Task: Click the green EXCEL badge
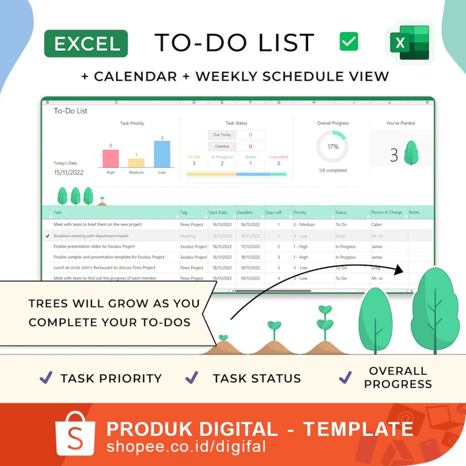[x=86, y=44]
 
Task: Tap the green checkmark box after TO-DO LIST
[x=349, y=42]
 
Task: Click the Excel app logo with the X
[x=409, y=43]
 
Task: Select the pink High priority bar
[x=111, y=158]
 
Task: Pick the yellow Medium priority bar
[x=137, y=163]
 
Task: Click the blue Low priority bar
[x=162, y=154]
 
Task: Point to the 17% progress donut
[x=333, y=147]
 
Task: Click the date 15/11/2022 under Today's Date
[x=69, y=173]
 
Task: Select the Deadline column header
[x=245, y=213]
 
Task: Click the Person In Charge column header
[x=387, y=213]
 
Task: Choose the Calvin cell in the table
[x=377, y=224]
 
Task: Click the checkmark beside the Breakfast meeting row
[x=48, y=236]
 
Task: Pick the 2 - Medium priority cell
[x=304, y=224]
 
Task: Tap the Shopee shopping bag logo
[x=76, y=433]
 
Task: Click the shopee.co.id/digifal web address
[x=186, y=446]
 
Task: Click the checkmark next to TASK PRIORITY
[x=46, y=377]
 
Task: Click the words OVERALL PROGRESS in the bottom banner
[x=398, y=377]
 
